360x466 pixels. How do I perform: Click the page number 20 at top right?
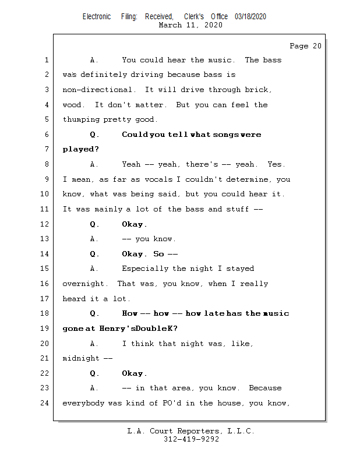pyautogui.click(x=317, y=46)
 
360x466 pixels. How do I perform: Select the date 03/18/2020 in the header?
pyautogui.click(x=250, y=17)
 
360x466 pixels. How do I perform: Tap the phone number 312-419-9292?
pyautogui.click(x=191, y=439)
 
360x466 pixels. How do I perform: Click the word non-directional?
pyautogui.click(x=97, y=90)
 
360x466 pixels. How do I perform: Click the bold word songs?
pyautogui.click(x=224, y=135)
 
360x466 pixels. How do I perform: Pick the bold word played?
pyautogui.click(x=80, y=149)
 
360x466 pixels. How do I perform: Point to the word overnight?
pyautogui.click(x=83, y=284)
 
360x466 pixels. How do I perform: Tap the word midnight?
pyautogui.click(x=81, y=358)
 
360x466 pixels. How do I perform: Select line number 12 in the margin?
pyautogui.click(x=44, y=224)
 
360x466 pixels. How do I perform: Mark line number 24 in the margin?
pyautogui.click(x=44, y=403)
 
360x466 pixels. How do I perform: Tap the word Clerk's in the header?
pyautogui.click(x=194, y=17)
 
